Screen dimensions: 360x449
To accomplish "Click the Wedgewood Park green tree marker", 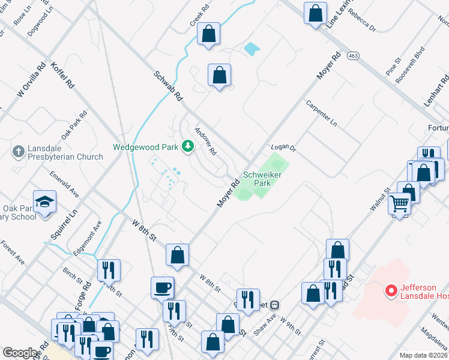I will pos(188,146).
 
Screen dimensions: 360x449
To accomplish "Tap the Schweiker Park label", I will pos(258,179).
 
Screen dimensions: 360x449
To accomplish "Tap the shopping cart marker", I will pos(400,204).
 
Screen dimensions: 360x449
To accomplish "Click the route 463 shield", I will pos(353,56).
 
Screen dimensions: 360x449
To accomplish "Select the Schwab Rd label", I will pos(168,86).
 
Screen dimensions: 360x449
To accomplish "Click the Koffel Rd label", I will pos(62,75).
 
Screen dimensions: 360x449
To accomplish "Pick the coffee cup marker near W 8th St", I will pos(163,287).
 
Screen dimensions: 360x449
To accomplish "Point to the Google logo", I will pos(20,353).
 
